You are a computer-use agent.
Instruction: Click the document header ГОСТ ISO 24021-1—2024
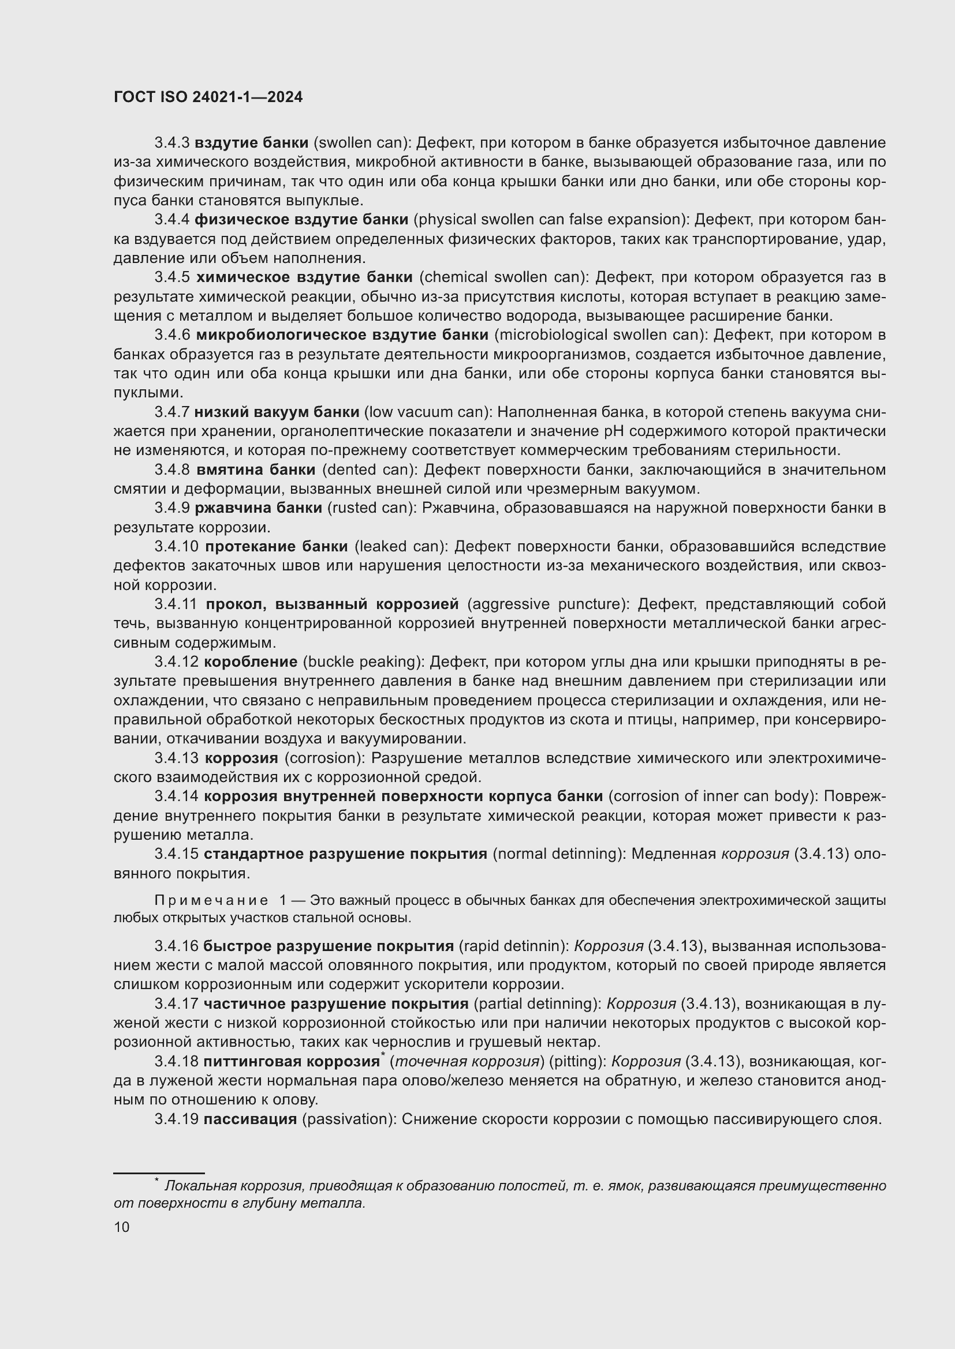point(208,97)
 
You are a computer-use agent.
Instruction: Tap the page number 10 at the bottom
point(122,1227)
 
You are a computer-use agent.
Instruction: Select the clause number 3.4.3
point(171,143)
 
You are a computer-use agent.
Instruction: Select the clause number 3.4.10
point(177,546)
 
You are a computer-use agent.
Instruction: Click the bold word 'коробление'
point(251,662)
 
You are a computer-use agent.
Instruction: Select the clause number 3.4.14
point(177,796)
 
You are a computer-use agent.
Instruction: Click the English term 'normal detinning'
point(559,854)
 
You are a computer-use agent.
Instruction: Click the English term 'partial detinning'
point(536,1004)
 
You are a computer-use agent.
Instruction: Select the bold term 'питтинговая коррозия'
point(291,1062)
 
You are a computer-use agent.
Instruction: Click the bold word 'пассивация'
point(250,1119)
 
